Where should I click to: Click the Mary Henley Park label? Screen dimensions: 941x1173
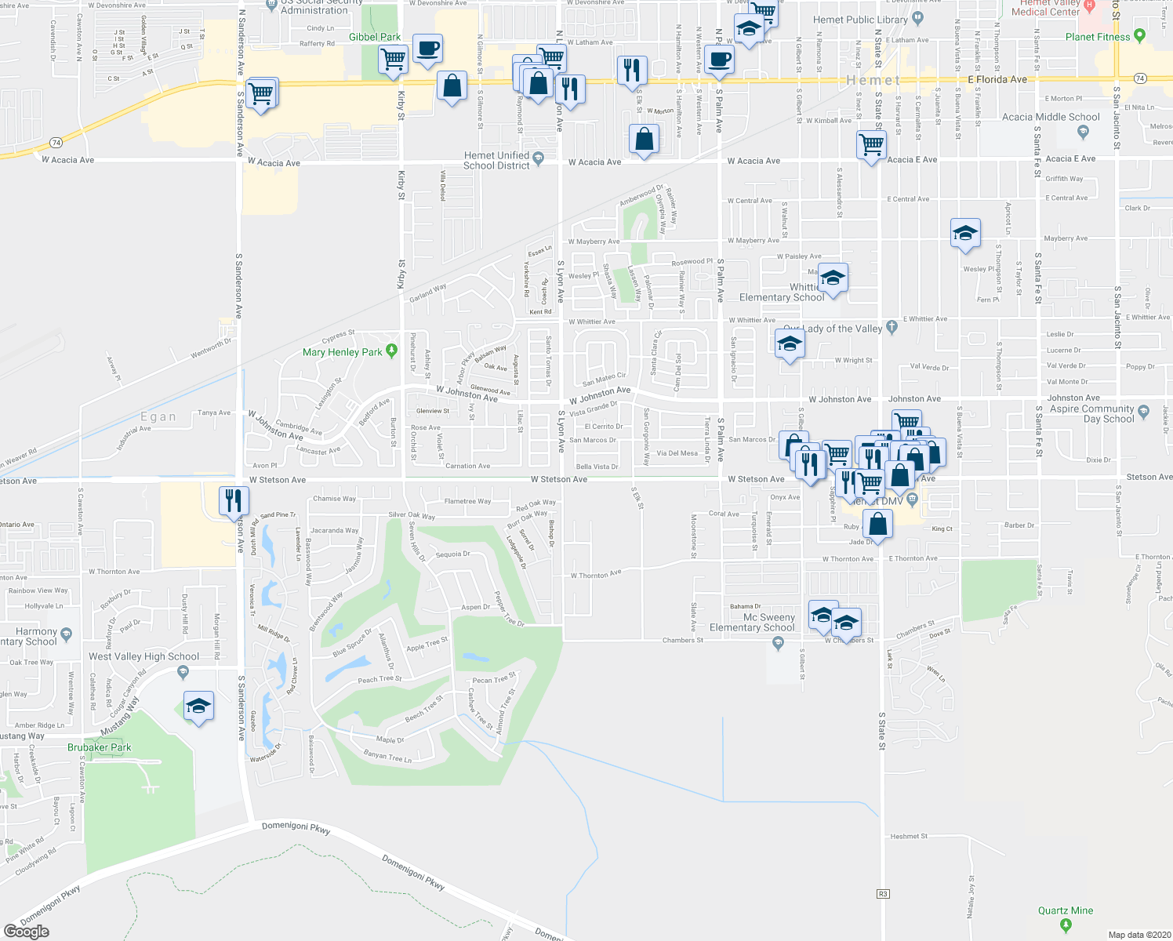point(343,352)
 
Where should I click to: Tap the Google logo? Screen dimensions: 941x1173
point(26,932)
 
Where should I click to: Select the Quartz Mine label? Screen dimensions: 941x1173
point(1065,910)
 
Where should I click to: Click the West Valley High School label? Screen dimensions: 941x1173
point(143,656)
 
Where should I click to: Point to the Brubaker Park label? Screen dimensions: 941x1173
point(100,747)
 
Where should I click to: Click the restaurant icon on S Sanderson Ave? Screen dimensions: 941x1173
point(233,501)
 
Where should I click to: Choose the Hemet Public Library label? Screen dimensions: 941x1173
point(860,20)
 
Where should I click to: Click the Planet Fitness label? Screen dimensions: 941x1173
point(1098,37)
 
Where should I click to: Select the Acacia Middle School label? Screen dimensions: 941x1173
point(1051,117)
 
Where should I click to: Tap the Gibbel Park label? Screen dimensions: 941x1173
point(375,37)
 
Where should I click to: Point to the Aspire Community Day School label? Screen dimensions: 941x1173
point(1092,413)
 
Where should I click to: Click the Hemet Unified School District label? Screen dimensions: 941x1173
point(496,161)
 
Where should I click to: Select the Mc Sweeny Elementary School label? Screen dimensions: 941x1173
point(752,623)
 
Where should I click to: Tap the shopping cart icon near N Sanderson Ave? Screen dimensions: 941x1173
point(261,95)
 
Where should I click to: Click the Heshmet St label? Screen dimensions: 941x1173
point(909,836)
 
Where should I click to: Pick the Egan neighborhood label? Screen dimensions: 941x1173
point(158,417)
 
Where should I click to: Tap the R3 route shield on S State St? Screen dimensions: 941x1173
point(883,893)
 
